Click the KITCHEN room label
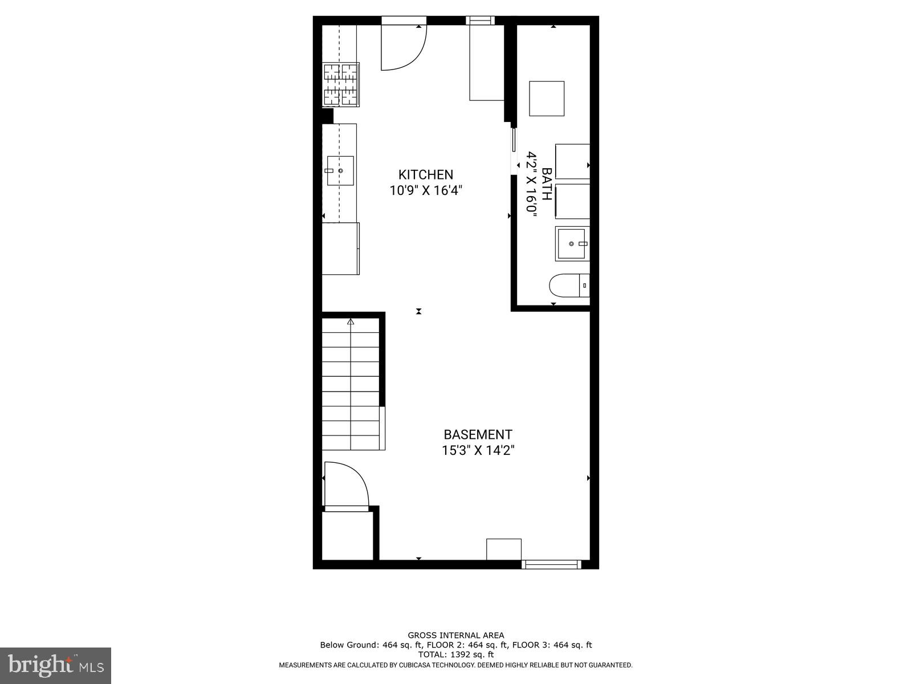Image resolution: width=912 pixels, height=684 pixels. coord(425,174)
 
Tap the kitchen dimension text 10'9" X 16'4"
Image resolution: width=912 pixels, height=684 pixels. coord(425,190)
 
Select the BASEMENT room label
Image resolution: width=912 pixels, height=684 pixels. coord(478,434)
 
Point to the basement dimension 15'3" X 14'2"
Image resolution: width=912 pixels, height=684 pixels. coord(478,450)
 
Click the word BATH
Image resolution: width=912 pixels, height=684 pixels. coord(546,184)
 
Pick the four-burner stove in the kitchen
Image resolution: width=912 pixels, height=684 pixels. coord(341,85)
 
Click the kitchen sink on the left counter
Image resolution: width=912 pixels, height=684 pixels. coord(340,170)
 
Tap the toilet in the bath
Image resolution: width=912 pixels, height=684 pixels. coord(568,286)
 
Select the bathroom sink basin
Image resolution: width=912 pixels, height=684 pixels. coord(572,243)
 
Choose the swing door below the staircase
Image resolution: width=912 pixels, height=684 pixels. coord(344,484)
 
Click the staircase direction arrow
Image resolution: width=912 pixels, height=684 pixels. coord(351,322)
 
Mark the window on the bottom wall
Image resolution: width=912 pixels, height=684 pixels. coord(551,564)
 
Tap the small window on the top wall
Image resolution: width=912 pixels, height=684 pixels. coord(480,21)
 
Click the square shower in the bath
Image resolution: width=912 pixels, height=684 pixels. coord(547,99)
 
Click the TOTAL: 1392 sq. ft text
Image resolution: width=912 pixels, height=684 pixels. coord(455,655)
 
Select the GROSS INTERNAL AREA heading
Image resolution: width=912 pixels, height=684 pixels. coord(455,635)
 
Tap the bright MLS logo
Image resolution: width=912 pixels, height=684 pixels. coord(55,665)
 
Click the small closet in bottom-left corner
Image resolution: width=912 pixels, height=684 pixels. coord(347,536)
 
